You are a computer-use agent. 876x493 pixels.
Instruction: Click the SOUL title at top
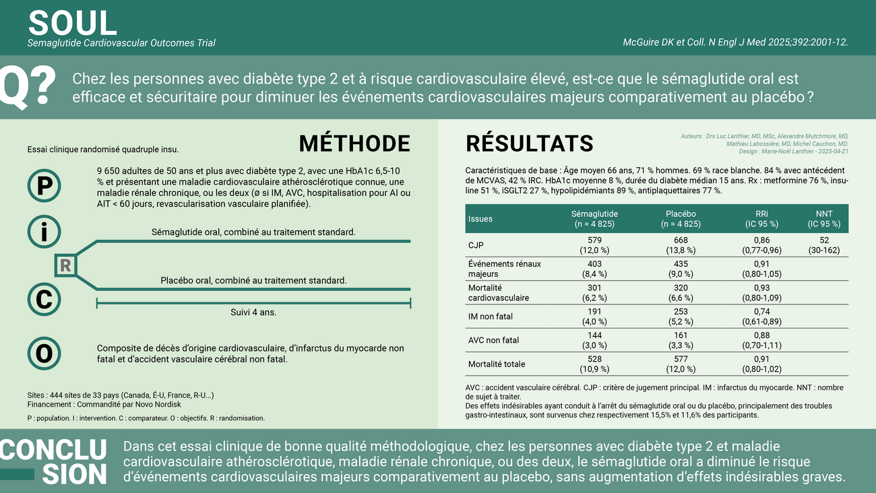(x=72, y=23)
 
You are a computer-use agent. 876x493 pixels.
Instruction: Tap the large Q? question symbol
(x=27, y=87)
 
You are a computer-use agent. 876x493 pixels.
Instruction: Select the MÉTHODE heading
(x=354, y=143)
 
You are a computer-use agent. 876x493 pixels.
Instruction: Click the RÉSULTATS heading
(x=529, y=143)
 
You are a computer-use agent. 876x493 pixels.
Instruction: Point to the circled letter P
(x=44, y=185)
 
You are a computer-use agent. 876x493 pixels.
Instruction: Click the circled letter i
(x=44, y=232)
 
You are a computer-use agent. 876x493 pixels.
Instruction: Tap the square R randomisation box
(x=65, y=265)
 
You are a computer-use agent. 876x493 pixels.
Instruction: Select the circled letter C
(x=44, y=299)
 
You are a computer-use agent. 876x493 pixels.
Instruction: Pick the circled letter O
(x=44, y=354)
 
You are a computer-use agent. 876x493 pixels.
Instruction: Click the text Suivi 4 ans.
(x=253, y=313)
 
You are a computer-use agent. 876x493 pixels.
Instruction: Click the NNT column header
(x=824, y=219)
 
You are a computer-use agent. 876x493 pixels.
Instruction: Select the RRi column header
(x=761, y=219)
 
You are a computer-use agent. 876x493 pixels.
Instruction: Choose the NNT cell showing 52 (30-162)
(x=824, y=245)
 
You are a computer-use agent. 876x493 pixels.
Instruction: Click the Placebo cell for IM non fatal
(x=681, y=317)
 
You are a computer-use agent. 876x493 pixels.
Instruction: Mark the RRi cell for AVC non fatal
(x=761, y=340)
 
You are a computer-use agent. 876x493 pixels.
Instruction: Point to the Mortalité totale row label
(x=496, y=364)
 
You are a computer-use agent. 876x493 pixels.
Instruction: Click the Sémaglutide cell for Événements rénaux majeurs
(x=594, y=269)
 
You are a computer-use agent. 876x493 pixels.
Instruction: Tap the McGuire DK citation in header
(x=735, y=42)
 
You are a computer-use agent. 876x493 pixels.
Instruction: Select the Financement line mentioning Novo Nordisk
(x=104, y=405)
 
